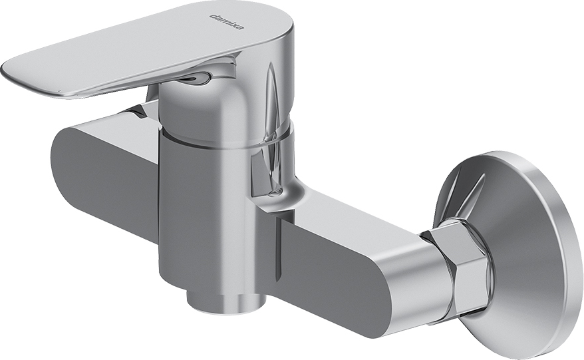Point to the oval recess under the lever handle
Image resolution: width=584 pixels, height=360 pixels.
point(198,77)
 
